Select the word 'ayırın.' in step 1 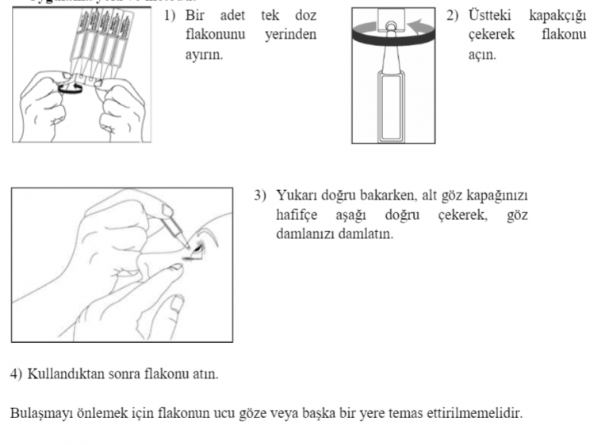204,56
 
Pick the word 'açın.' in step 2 483,56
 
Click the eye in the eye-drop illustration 196,249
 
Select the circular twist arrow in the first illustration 71,88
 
